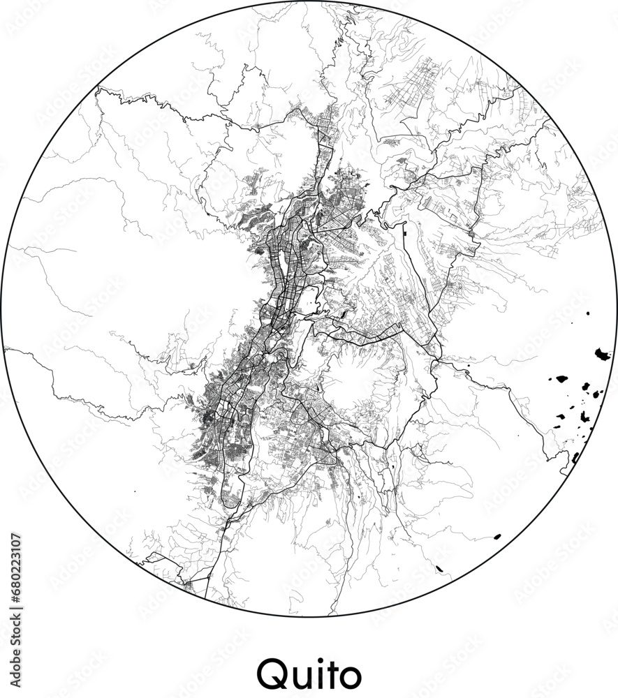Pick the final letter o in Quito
[351, 676]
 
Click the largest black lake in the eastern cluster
[602, 354]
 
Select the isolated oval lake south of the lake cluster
[497, 537]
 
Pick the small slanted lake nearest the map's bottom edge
[441, 569]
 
